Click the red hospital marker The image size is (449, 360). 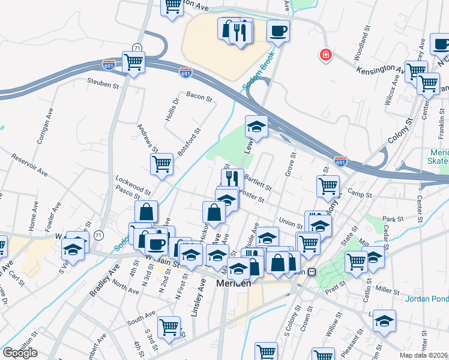click(326, 55)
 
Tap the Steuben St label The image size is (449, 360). click(103, 83)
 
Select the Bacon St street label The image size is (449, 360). click(199, 96)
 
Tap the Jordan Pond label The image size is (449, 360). click(426, 299)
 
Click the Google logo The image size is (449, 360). click(20, 353)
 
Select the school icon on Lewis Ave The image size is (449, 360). click(256, 127)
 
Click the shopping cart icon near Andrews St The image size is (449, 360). click(161, 164)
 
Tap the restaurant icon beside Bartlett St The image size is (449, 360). click(231, 179)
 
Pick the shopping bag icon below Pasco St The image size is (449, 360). click(146, 211)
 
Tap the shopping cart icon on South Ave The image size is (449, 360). click(169, 327)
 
